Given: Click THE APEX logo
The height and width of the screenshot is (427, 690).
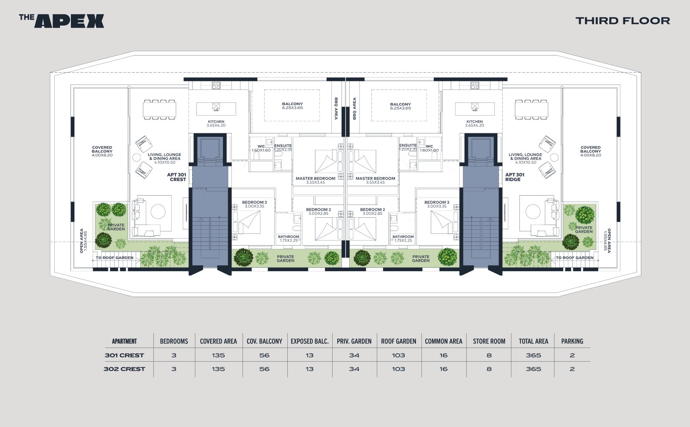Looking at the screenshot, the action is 61,21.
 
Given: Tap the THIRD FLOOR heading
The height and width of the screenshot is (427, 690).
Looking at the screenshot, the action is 623,20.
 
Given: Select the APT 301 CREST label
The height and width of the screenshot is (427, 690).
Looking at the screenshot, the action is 176,177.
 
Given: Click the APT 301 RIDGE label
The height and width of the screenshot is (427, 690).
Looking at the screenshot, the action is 515,177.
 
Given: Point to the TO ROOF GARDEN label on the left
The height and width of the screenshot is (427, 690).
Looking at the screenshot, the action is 114,257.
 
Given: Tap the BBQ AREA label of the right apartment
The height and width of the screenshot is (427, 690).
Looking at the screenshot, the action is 354,108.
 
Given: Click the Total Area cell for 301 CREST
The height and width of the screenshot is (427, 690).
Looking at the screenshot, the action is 533,355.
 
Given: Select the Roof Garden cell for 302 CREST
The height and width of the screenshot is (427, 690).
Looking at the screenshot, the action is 398,369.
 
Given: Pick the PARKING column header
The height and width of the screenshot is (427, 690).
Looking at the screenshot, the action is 572,341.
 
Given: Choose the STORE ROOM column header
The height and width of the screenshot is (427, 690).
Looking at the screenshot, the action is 489,341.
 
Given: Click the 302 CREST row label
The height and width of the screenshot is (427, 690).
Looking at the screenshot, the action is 124,369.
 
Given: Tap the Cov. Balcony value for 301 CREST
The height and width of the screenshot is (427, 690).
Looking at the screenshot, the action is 264,355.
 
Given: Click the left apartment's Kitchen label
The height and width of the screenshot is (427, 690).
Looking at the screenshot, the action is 216,123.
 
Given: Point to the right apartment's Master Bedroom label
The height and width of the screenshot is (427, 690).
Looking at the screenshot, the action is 375,180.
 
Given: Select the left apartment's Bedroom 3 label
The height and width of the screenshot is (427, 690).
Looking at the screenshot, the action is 254,204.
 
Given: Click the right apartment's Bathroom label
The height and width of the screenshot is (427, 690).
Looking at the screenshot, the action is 403,238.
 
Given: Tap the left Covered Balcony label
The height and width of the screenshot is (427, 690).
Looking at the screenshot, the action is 102,151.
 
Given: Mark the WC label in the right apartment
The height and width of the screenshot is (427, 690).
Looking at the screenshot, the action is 429,148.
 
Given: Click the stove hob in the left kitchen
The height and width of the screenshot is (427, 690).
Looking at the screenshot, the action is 216,85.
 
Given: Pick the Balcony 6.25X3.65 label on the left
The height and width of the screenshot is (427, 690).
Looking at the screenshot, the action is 292,105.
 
